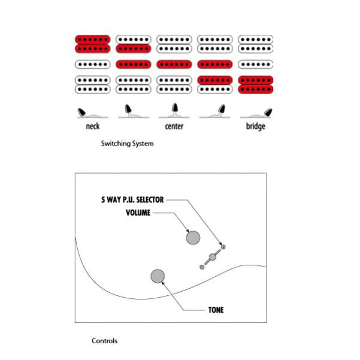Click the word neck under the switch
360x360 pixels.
point(92,126)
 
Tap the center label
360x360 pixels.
point(174,126)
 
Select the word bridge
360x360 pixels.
point(255,126)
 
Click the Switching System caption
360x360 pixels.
point(127,144)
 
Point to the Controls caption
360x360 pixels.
point(104,341)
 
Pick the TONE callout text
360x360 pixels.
point(216,310)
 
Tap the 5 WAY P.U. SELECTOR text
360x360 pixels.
point(132,200)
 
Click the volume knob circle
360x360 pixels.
point(193,238)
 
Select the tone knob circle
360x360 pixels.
point(158,276)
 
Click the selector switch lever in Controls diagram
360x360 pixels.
point(211,258)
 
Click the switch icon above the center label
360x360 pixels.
point(174,110)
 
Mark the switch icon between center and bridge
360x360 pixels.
point(215,111)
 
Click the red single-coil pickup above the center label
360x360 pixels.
point(174,64)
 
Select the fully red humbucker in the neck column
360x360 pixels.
point(92,44)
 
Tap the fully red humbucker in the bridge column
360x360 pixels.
point(256,84)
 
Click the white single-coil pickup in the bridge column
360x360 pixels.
point(256,64)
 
